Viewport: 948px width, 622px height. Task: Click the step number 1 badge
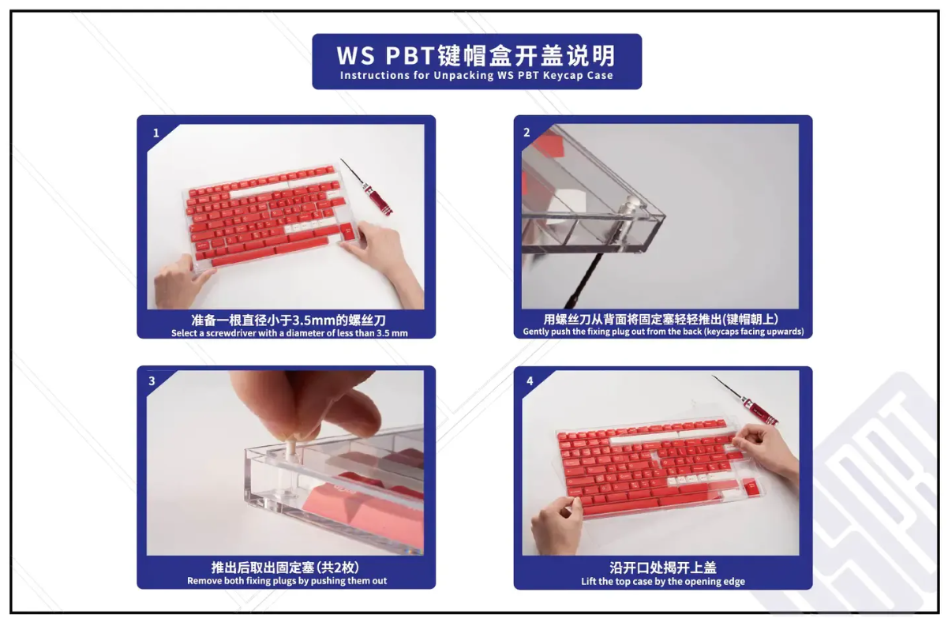156,133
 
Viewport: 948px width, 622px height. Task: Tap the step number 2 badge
526,133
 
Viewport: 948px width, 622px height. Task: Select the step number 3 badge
152,381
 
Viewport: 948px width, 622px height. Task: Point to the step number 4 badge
530,381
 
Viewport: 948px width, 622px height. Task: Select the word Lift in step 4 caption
588,582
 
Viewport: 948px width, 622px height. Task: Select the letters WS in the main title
356,56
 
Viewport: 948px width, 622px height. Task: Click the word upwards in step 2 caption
783,332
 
